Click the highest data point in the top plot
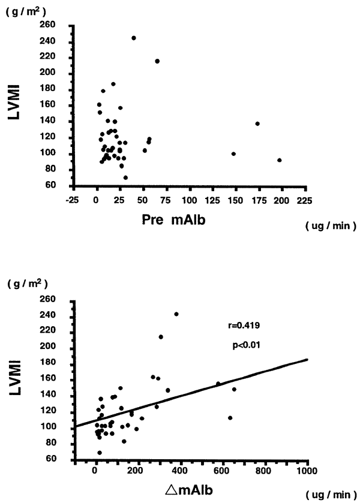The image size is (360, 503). click(134, 38)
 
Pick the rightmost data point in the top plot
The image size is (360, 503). click(280, 160)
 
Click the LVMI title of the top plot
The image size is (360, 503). click(21, 106)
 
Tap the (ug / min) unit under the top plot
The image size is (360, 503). click(331, 226)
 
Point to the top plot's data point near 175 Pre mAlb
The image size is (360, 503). click(257, 124)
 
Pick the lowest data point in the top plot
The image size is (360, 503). click(125, 177)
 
